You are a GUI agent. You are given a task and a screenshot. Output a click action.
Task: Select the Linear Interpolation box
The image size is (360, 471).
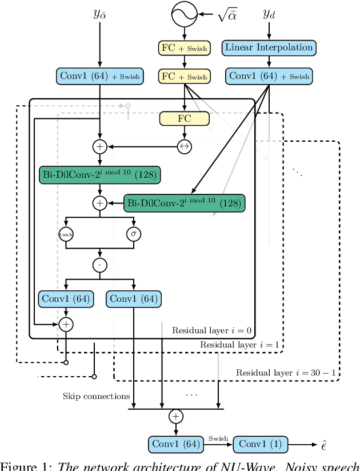tap(269, 48)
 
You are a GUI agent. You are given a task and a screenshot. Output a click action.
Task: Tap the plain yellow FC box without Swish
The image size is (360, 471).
tap(184, 119)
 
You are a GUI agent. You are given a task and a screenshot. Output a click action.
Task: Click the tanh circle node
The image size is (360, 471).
tap(66, 233)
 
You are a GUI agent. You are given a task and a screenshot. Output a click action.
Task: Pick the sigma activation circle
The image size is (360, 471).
tap(134, 233)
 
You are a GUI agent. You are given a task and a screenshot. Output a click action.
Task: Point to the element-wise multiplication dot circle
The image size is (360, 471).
tap(100, 265)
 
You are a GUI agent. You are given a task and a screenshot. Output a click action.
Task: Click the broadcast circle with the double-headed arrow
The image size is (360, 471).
tap(184, 147)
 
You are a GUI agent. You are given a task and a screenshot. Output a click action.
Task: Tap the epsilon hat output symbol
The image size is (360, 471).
tap(323, 444)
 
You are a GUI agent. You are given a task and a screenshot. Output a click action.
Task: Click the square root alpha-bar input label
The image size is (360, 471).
tap(227, 15)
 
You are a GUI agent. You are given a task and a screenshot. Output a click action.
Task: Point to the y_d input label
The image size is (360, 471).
tap(269, 14)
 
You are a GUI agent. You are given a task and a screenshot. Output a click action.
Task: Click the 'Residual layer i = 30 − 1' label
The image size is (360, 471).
tap(287, 373)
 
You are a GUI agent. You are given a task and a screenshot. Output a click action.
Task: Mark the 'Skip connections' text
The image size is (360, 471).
tap(97, 396)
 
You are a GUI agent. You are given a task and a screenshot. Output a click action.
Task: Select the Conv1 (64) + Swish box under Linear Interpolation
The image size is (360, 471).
tap(269, 76)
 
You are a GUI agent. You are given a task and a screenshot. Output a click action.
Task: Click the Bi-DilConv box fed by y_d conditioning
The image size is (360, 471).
tap(183, 203)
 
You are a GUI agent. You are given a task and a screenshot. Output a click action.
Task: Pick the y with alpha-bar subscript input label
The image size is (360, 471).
tap(100, 14)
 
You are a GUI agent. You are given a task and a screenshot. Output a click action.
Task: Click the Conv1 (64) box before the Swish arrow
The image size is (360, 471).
tap(175, 444)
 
